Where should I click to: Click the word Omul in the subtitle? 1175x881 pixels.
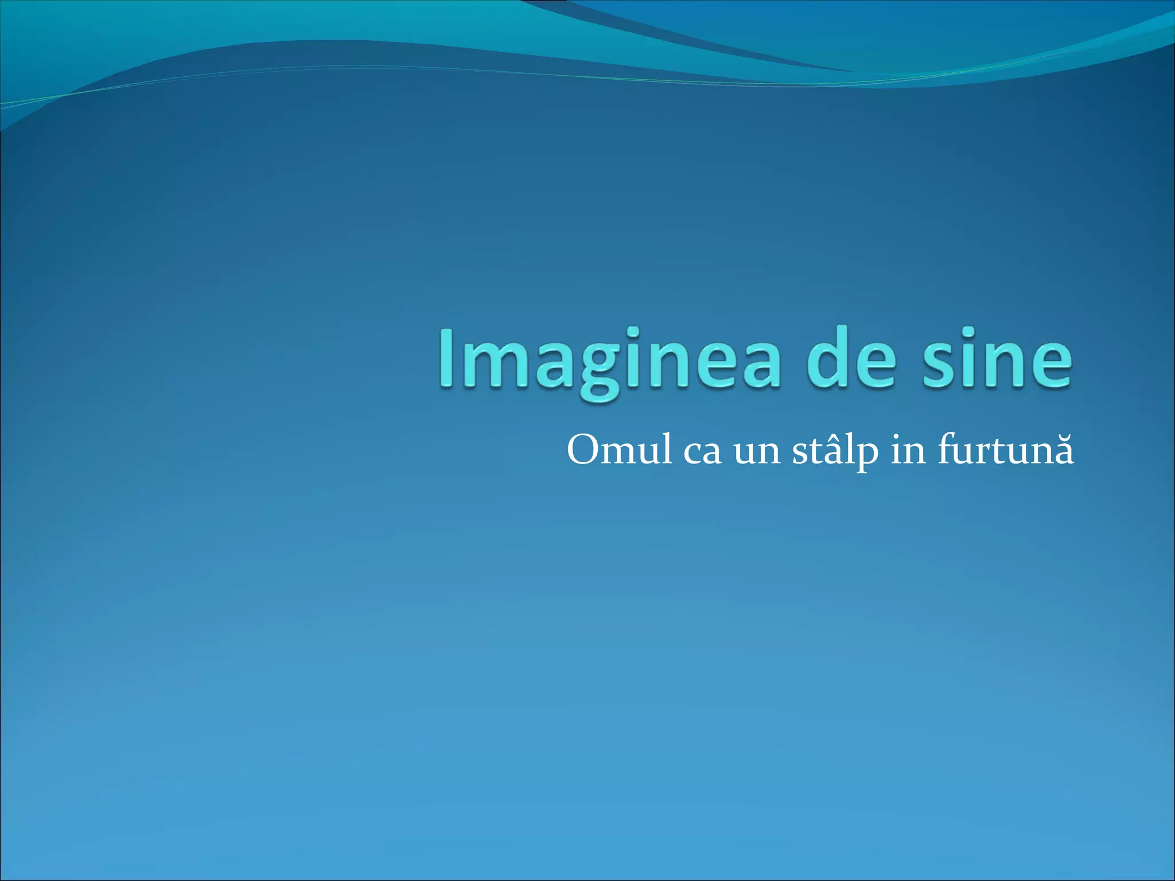619,450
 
